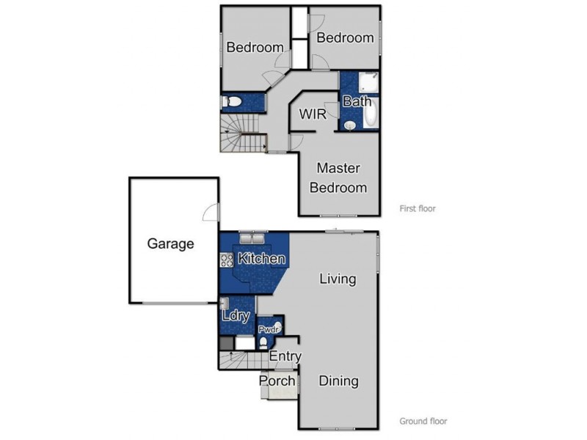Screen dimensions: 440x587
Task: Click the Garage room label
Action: [x=170, y=243]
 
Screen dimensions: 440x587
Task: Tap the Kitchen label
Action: [x=261, y=259]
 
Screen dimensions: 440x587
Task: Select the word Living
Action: [x=338, y=279]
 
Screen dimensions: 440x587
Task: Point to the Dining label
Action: [x=338, y=381]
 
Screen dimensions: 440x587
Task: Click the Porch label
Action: [x=277, y=381]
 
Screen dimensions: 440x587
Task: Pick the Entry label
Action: [x=285, y=356]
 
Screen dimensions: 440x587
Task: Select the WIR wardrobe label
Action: [x=313, y=114]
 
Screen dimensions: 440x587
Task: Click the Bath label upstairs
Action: [x=357, y=102]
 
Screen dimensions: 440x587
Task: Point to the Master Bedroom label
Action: [x=338, y=178]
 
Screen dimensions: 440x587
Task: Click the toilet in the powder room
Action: [x=263, y=342]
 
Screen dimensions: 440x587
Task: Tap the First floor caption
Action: [x=417, y=208]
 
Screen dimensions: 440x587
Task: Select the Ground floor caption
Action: [x=423, y=421]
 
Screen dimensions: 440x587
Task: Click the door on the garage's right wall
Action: [x=212, y=213]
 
